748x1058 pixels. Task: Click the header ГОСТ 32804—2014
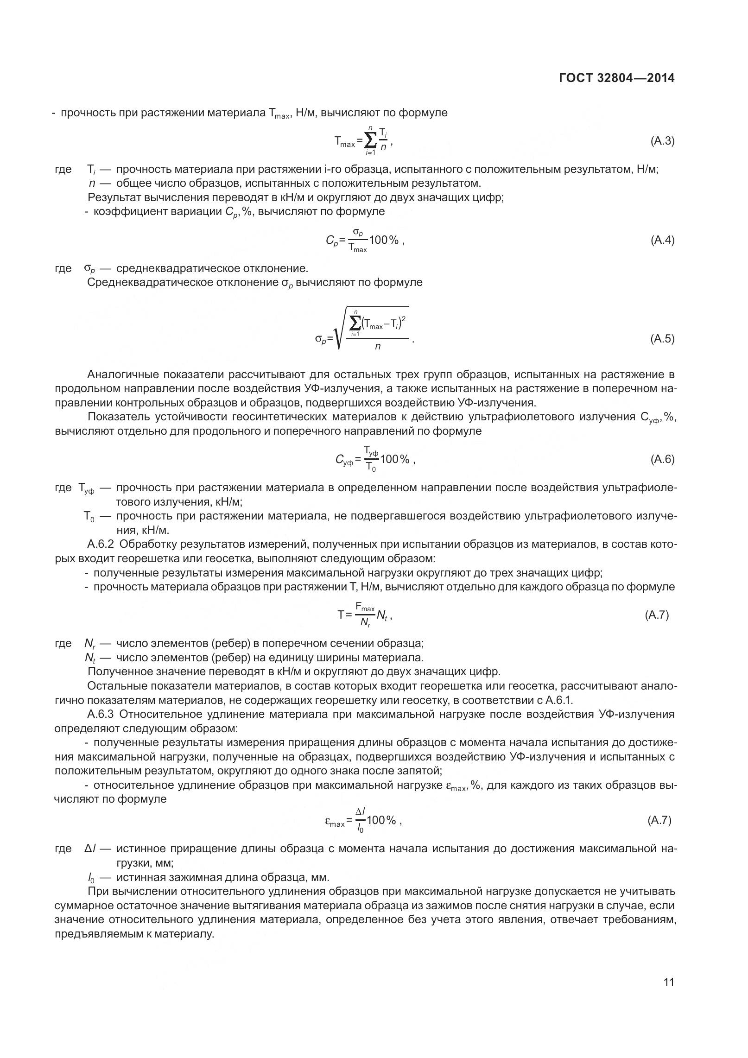tap(616, 78)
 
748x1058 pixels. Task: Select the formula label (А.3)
tap(662, 141)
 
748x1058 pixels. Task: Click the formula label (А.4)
tap(662, 240)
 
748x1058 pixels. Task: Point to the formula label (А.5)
tap(662, 338)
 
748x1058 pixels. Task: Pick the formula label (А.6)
tap(662, 459)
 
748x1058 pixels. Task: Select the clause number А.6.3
tap(100, 727)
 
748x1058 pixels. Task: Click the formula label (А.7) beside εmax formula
tap(659, 820)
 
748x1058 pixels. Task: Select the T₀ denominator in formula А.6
tap(371, 467)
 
